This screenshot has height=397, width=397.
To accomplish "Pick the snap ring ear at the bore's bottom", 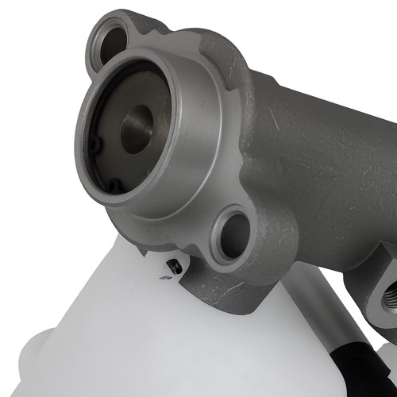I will coord(116,186).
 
